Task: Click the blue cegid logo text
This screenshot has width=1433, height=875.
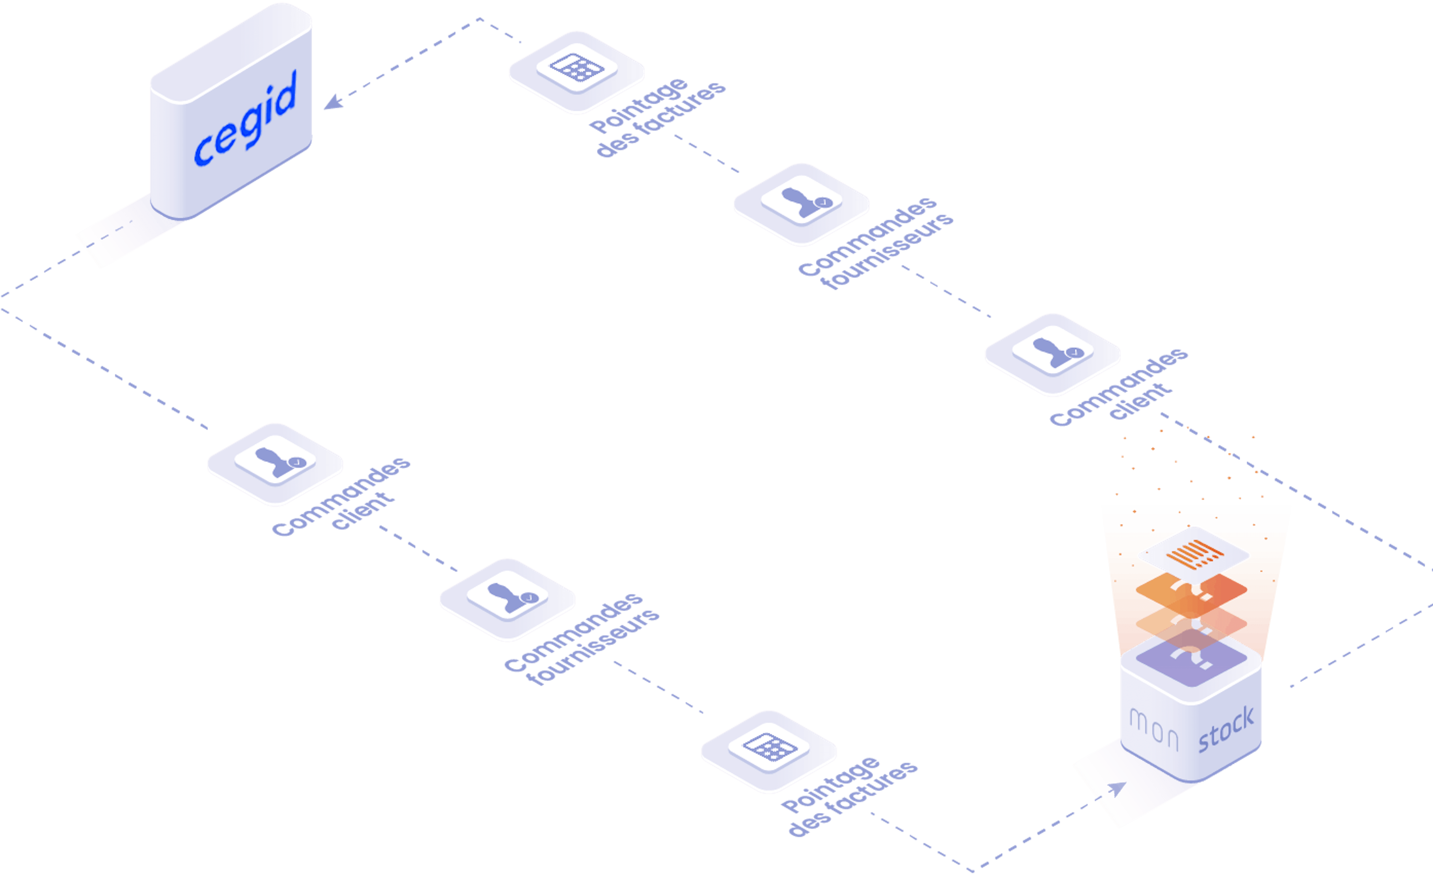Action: [245, 119]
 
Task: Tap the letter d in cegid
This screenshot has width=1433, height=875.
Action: [284, 94]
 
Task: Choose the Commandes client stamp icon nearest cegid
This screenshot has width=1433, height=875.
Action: [276, 462]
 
